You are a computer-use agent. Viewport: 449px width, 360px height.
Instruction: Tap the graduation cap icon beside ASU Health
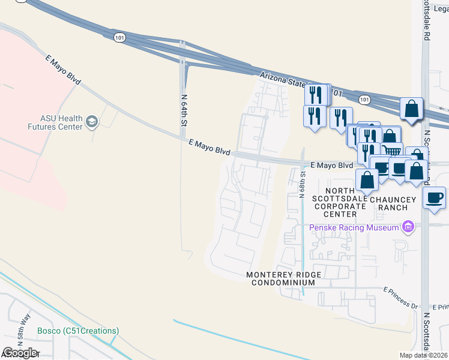tap(91, 122)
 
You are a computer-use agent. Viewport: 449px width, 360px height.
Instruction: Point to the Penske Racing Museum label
tap(354, 227)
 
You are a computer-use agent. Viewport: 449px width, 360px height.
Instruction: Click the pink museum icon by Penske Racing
tap(408, 227)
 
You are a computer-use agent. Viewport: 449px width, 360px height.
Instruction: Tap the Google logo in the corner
tap(20, 352)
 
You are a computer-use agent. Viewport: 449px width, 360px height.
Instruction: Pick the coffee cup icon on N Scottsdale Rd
tap(434, 197)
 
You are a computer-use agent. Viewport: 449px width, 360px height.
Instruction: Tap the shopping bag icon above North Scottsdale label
tap(367, 179)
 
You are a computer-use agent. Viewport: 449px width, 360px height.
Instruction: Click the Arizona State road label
tap(282, 78)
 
